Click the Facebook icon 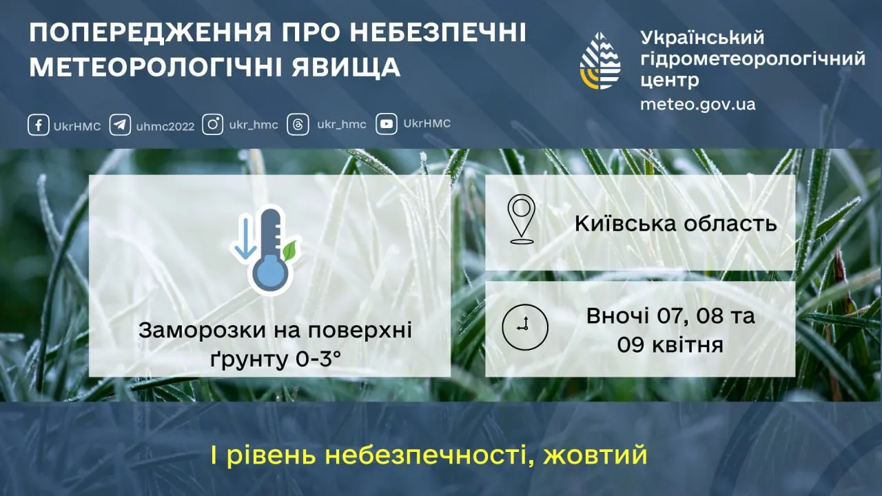pyautogui.click(x=38, y=125)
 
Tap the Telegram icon pyautogui.click(x=120, y=125)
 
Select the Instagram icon pyautogui.click(x=213, y=125)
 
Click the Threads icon pyautogui.click(x=298, y=125)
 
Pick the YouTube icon pyautogui.click(x=386, y=125)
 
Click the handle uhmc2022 pyautogui.click(x=165, y=126)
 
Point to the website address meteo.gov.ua pyautogui.click(x=697, y=105)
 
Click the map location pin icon pyautogui.click(x=522, y=219)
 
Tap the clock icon pyautogui.click(x=525, y=326)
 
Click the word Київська pyautogui.click(x=623, y=224)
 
